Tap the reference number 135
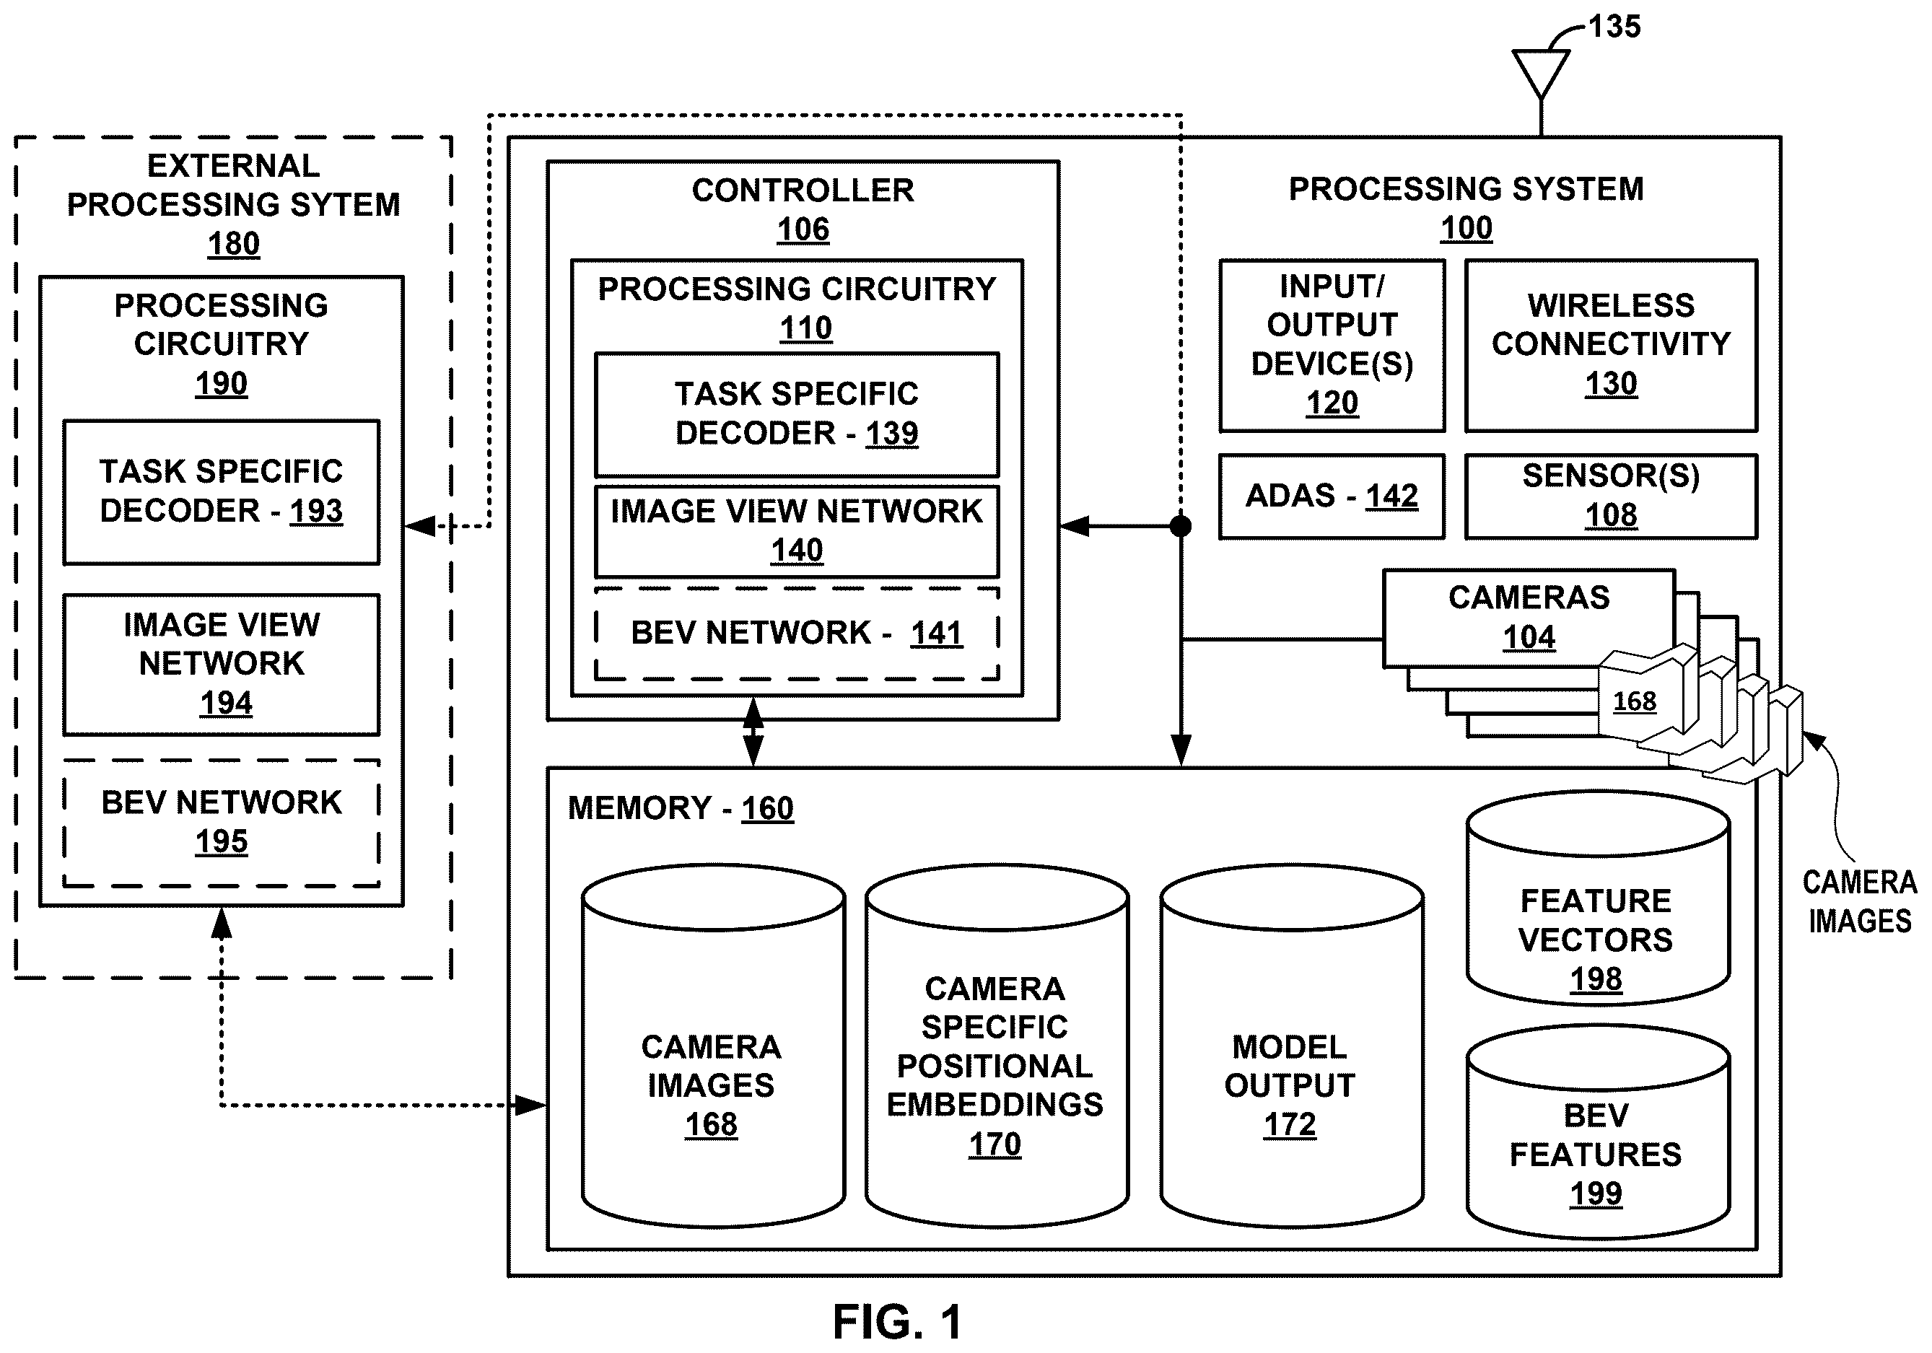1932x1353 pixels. (1614, 26)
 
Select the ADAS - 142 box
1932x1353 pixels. (1332, 496)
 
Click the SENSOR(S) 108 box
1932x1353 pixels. (1611, 496)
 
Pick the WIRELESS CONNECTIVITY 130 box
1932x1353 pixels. (1611, 346)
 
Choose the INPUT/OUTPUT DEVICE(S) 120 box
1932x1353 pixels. (1332, 346)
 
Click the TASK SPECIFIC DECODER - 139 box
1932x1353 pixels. (797, 415)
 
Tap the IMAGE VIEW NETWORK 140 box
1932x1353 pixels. (797, 531)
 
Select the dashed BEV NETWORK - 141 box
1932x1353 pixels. (797, 634)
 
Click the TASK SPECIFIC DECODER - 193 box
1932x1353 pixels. (222, 492)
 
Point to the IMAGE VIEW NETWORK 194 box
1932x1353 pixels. (222, 665)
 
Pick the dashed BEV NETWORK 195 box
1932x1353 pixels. (222, 823)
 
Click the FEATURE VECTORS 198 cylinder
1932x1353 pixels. (1597, 898)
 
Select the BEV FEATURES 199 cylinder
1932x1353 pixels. (1597, 1131)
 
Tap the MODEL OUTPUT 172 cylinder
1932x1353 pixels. (1291, 1046)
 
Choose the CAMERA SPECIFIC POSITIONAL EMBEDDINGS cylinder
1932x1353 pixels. (996, 1046)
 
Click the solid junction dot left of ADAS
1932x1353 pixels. (1181, 527)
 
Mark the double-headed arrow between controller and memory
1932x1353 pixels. (753, 732)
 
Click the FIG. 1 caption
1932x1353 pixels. (898, 1322)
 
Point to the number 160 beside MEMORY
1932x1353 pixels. (766, 809)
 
